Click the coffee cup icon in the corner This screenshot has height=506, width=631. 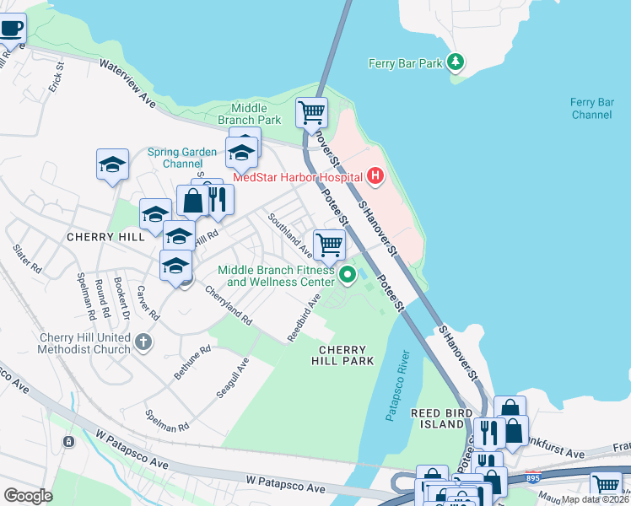point(11,27)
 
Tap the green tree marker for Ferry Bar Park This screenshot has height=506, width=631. point(456,62)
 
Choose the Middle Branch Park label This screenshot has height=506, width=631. point(249,114)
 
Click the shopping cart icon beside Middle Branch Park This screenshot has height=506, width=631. point(311,111)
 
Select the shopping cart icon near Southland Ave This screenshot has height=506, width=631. point(329,245)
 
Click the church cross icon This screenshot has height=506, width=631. point(143,342)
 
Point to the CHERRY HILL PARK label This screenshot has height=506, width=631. point(342,355)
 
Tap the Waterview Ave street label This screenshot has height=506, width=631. point(127,83)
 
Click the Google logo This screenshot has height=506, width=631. point(28,495)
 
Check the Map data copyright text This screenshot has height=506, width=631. point(595,499)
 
